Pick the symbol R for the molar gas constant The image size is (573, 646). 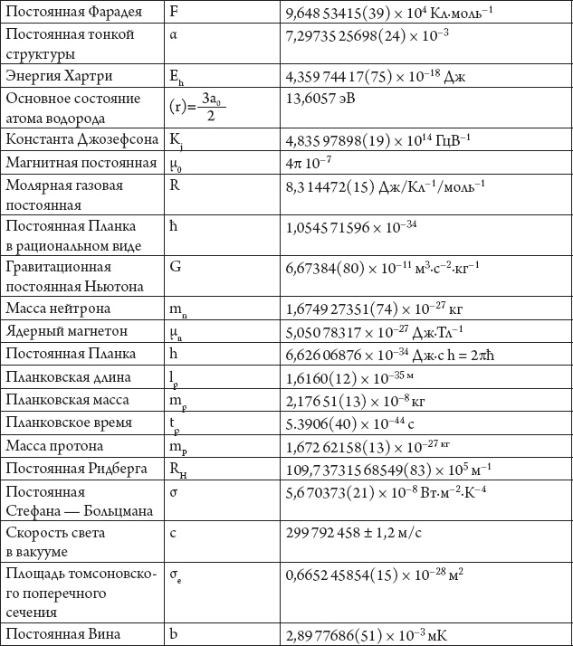coord(174,185)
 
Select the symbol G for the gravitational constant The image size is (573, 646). coord(175,267)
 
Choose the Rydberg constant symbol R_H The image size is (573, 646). coord(178,468)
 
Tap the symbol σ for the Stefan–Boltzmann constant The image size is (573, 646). coord(174,491)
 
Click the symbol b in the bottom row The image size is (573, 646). coord(173,634)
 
